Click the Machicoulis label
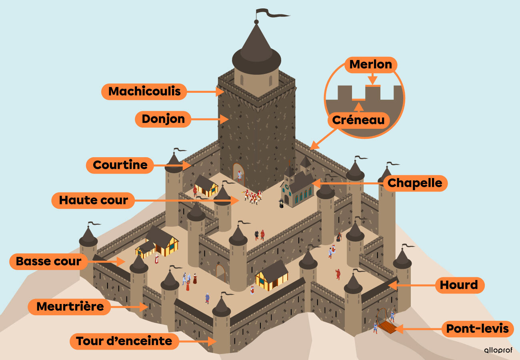pos(144,92)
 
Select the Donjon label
pos(163,119)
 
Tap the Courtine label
pos(120,165)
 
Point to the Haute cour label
pos(94,200)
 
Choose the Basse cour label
pos(48,262)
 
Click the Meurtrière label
pos(70,307)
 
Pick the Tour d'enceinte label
pos(124,341)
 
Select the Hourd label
pos(459,285)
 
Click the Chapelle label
pos(415,183)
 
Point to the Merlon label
pos(370,64)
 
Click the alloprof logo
pos(498,350)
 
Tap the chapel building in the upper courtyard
pos(297,187)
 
